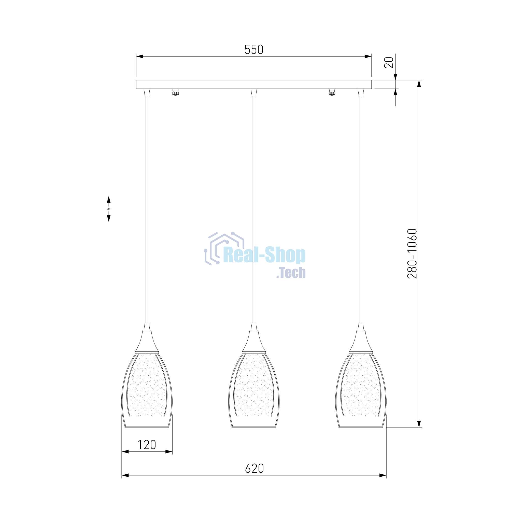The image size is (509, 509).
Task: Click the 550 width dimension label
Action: (254, 50)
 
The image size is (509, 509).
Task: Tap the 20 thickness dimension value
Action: (389, 62)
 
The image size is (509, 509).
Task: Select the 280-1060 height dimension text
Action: (412, 254)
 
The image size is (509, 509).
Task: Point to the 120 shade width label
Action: (147, 445)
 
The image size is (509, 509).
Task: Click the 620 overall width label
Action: (254, 469)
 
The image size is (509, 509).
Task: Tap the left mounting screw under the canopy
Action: (175, 92)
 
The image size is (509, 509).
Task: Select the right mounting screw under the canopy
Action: (332, 92)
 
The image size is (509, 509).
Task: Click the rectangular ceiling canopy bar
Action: (254, 84)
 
